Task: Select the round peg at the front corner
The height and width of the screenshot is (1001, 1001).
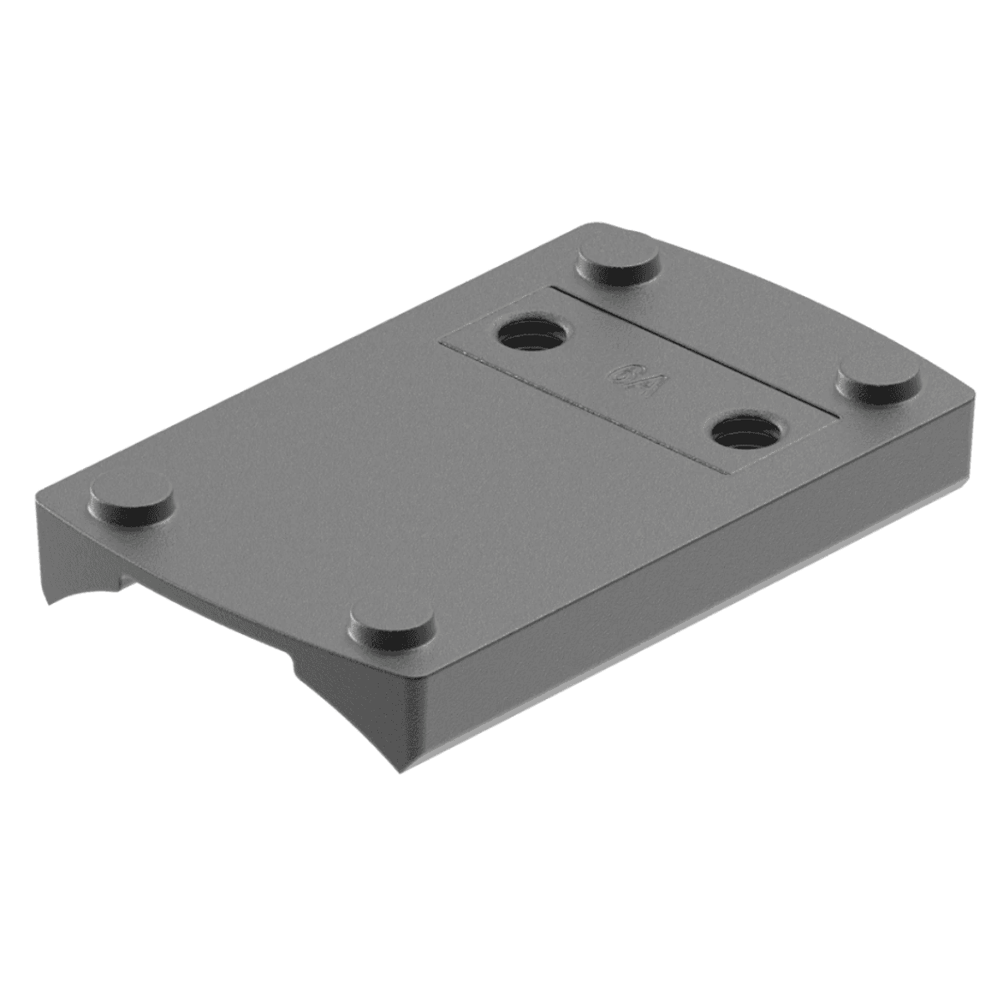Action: coord(392,622)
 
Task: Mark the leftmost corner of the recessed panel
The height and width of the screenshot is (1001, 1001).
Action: coord(440,343)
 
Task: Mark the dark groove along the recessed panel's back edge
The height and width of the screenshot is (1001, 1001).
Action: coord(692,348)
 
